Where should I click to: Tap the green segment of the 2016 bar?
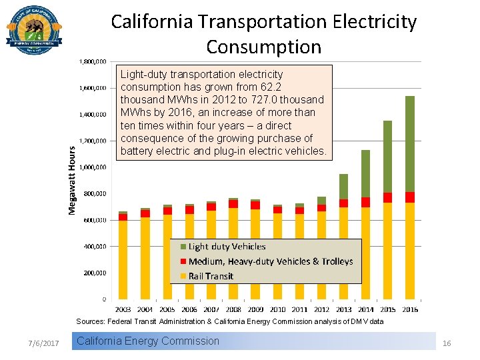[x=409, y=143]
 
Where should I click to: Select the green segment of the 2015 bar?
[x=387, y=156]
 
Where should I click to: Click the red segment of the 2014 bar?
[x=365, y=202]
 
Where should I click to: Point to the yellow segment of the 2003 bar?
[x=123, y=259]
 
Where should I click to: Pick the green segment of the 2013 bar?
[x=343, y=186]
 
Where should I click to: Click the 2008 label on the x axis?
[x=233, y=309]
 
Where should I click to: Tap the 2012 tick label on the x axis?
[x=321, y=309]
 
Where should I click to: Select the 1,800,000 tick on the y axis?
[x=93, y=62]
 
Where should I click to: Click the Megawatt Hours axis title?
[x=72, y=180]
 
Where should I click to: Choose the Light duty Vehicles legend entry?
[x=227, y=247]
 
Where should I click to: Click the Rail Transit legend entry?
[x=211, y=276]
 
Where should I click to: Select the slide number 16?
[x=447, y=343]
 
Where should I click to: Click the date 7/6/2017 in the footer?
[x=44, y=343]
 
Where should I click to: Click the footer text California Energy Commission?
[x=148, y=341]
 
